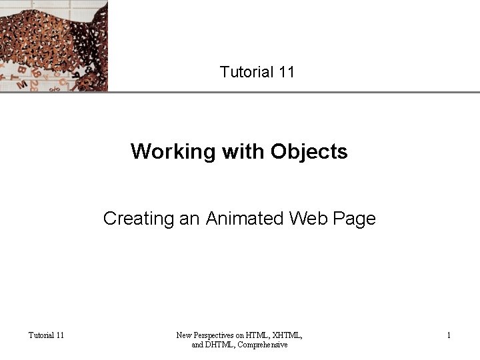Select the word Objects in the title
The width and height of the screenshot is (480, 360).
(309, 152)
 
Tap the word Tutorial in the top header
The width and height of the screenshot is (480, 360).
(244, 72)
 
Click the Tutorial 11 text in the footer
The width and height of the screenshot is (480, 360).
(46, 335)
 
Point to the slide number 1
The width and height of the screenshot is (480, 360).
(449, 335)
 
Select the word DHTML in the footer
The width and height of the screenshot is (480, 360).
(219, 345)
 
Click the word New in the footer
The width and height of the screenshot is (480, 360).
(183, 335)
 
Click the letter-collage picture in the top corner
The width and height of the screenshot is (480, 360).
(53, 45)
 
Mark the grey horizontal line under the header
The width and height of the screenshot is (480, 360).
(293, 91)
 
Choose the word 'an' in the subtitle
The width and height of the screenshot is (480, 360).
(189, 219)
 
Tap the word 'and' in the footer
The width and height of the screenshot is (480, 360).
(198, 345)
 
